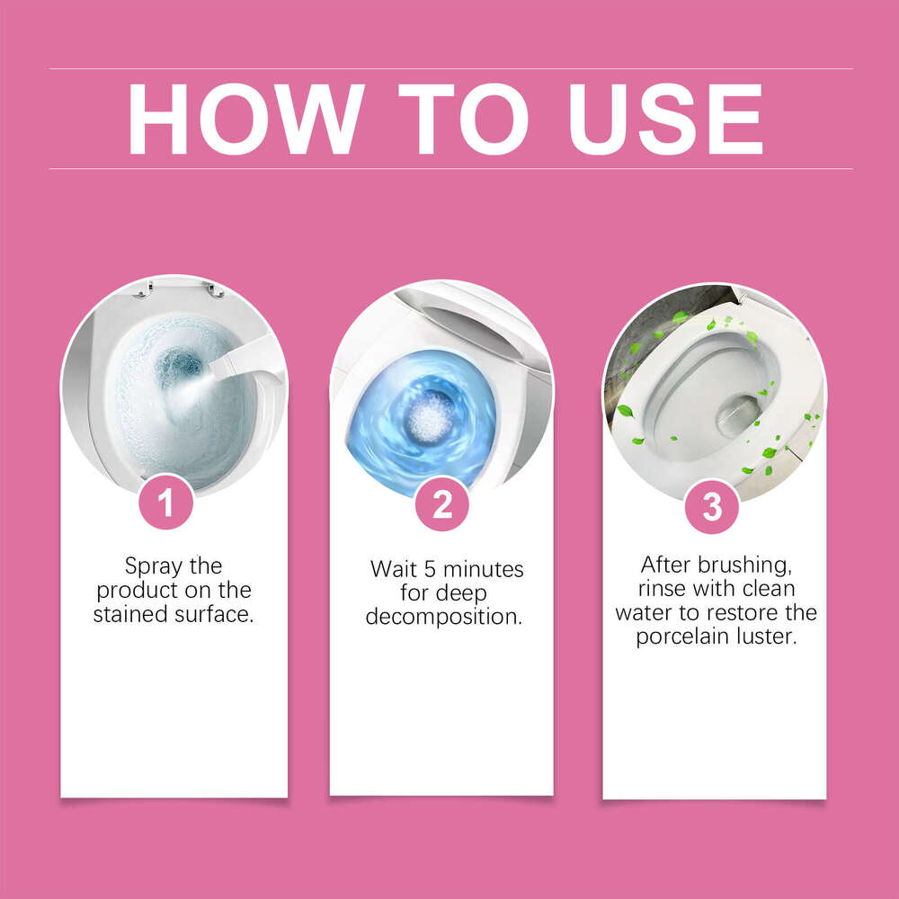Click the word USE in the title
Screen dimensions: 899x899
(664, 120)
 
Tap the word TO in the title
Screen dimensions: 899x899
(463, 120)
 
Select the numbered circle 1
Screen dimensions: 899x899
(165, 502)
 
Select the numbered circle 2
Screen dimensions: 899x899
(442, 504)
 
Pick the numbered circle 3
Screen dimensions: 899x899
(712, 507)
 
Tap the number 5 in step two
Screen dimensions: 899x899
(430, 569)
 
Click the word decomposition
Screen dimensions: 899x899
(444, 618)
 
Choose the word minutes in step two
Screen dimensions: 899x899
(484, 569)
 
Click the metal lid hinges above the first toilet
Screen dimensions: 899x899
(178, 290)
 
